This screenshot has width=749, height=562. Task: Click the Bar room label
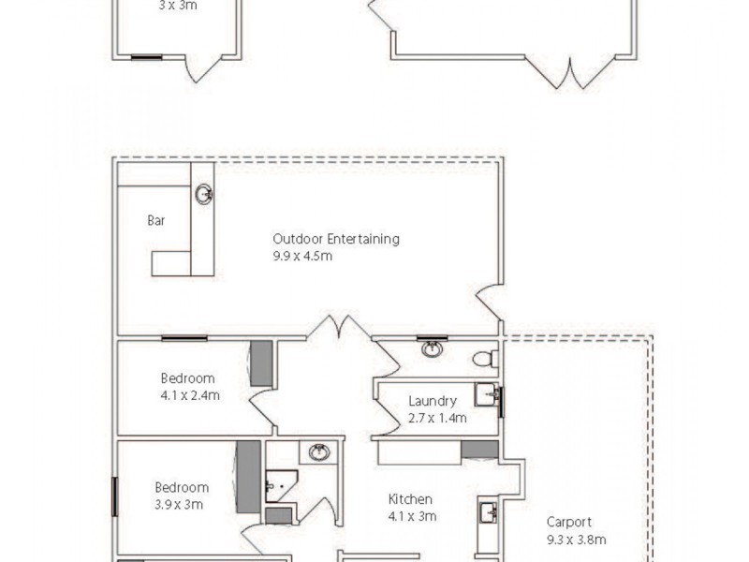[156, 221]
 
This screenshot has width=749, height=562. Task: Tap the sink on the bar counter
[203, 195]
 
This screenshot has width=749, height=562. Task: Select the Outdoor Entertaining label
[336, 239]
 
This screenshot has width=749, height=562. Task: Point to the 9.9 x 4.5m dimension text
[302, 255]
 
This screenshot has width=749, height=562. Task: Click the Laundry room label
[433, 402]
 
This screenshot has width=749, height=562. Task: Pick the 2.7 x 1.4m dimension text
[437, 418]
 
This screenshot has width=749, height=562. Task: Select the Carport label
[570, 523]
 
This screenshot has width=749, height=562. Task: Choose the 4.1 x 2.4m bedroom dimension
[190, 395]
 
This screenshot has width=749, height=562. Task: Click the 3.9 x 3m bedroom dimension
[179, 504]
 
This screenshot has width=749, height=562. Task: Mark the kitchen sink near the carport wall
[487, 512]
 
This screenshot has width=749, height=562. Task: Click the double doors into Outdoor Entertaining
[339, 331]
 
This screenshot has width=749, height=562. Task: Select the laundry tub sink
[486, 394]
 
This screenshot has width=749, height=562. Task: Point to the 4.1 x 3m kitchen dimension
[412, 515]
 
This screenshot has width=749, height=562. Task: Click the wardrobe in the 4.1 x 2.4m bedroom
[261, 364]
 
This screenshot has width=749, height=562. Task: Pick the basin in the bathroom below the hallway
[319, 452]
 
